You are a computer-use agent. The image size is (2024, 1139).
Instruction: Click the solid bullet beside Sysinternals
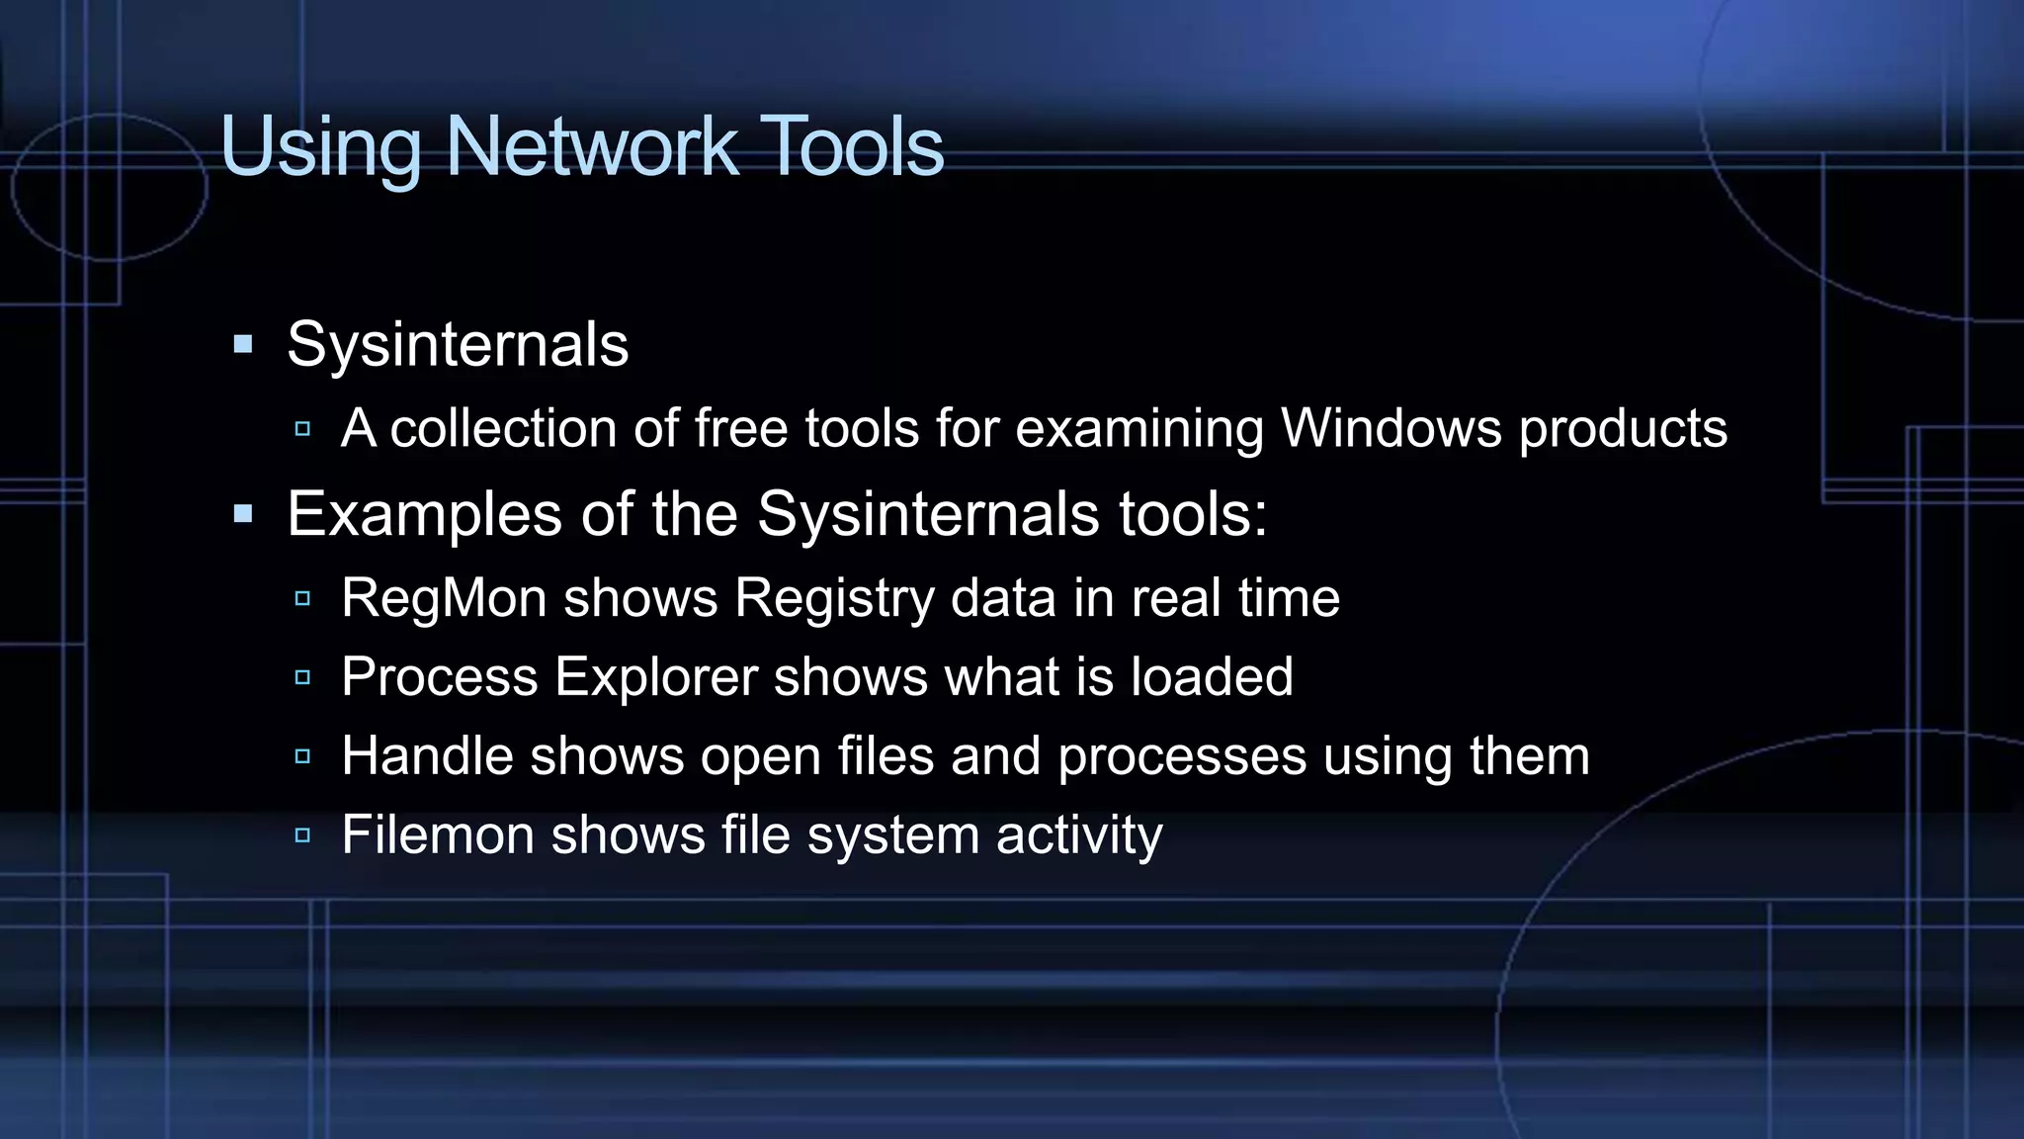tap(243, 345)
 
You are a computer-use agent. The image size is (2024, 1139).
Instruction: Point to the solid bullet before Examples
tap(243, 514)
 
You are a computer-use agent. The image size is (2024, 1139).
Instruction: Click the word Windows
tap(1391, 428)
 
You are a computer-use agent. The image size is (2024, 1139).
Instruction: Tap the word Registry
tap(833, 598)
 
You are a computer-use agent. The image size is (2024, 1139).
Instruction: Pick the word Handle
tap(427, 756)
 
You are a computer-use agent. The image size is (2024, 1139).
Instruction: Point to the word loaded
tap(1211, 677)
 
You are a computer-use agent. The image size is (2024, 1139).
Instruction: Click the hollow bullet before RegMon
tap(302, 598)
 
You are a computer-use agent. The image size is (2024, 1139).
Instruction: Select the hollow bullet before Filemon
tap(302, 835)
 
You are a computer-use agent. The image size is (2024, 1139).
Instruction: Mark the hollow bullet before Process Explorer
tap(302, 677)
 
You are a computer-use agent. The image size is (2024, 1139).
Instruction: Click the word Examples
tap(425, 514)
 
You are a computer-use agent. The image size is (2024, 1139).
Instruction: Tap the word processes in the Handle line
tap(1182, 756)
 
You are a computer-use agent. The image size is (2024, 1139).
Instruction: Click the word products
tap(1623, 428)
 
